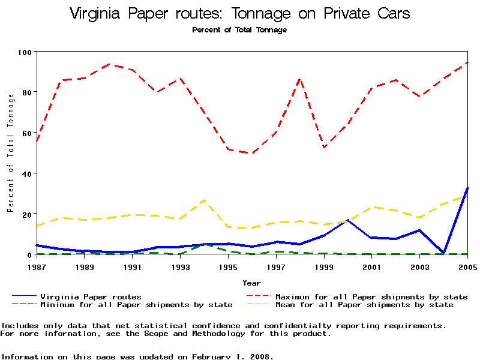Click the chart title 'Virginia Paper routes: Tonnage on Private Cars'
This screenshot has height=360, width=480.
(239, 13)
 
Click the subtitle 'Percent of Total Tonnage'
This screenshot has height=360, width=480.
(239, 29)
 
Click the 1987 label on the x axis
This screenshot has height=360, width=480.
(37, 266)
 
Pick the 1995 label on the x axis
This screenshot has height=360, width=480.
(228, 266)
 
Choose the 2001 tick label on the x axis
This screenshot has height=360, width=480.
(372, 266)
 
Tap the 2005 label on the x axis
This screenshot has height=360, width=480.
(467, 266)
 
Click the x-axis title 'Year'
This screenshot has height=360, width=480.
(251, 283)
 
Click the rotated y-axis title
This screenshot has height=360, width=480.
(10, 153)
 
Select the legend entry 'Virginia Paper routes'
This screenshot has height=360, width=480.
(91, 296)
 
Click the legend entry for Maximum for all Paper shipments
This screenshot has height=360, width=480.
(371, 296)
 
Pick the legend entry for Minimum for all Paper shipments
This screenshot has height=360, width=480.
(136, 305)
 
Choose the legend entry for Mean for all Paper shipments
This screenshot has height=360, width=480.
(364, 305)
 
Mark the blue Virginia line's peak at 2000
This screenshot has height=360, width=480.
(348, 220)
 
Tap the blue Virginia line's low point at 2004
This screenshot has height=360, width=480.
(443, 253)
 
